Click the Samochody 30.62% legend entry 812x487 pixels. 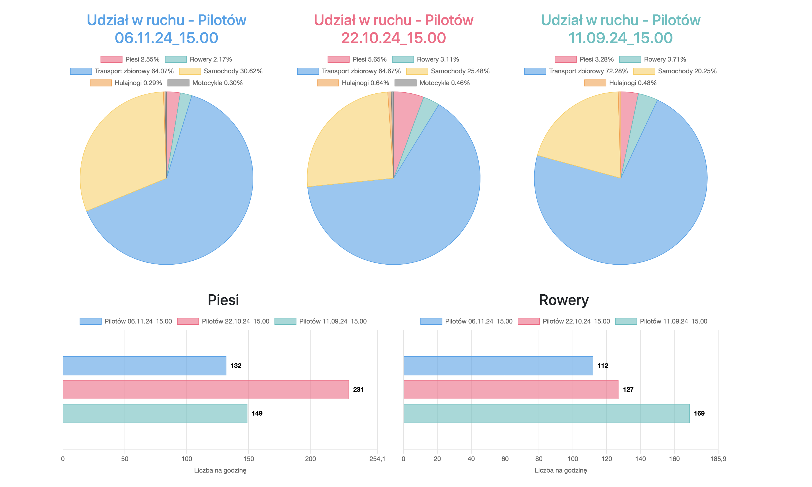pos(221,71)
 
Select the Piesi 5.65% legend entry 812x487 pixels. pos(357,59)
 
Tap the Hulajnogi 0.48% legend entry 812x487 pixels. pos(620,83)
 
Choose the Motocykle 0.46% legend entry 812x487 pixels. pos(432,83)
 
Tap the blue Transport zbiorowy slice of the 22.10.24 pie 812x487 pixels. pos(411,213)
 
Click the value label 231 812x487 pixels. pos(358,390)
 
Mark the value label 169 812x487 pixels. pos(699,413)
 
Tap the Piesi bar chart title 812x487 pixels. pos(223,300)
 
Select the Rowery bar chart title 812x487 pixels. pos(564,300)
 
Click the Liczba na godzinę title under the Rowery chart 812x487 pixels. pos(561,470)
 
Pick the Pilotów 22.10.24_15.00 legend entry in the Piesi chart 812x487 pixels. pos(223,321)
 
